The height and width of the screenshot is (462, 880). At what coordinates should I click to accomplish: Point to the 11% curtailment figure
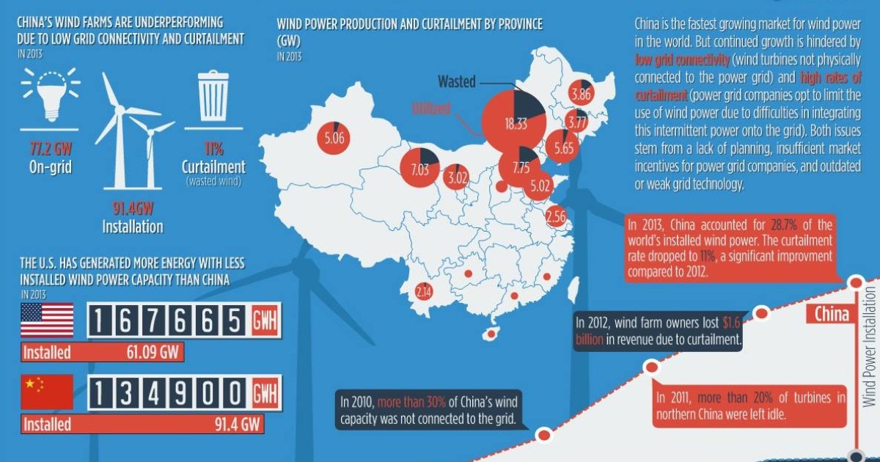[x=213, y=150]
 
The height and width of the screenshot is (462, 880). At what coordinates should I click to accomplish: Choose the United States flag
[x=47, y=320]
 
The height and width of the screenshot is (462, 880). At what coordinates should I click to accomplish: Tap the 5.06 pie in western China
[x=334, y=136]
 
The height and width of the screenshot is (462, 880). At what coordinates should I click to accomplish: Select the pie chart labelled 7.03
[x=419, y=169]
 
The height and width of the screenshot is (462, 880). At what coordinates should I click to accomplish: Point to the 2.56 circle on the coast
[x=556, y=216]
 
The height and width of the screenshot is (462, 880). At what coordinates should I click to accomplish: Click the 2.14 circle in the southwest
[x=423, y=292]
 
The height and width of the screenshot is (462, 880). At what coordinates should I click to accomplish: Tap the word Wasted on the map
[x=457, y=81]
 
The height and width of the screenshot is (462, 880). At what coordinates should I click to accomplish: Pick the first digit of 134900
[x=100, y=392]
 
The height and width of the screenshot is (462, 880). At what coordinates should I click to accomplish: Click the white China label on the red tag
[x=832, y=315]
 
